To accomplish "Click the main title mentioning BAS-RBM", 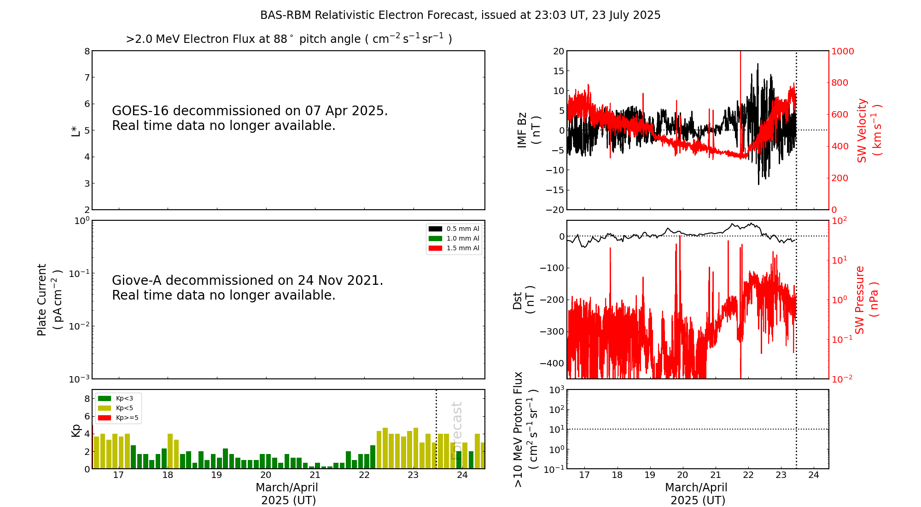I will tap(460, 15).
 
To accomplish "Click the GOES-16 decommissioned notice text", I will tap(250, 118).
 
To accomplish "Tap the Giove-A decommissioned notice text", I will tap(247, 288).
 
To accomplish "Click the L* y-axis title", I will tap(76, 130).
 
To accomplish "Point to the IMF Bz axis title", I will tap(528, 130).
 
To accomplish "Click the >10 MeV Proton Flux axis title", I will tap(525, 429).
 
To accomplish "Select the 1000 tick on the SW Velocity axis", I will tap(842, 51).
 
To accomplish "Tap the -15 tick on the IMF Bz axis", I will tap(554, 190).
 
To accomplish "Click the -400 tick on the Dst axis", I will tap(552, 363).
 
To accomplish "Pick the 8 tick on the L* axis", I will tap(87, 51).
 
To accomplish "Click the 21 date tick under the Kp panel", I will tap(315, 475).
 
